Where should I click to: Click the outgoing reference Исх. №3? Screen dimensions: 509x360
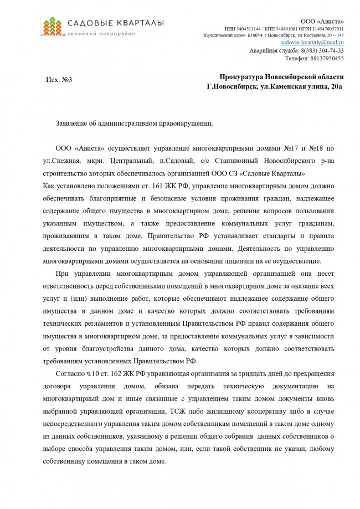tap(59, 80)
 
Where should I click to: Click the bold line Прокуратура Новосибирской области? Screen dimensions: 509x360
tap(281, 76)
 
